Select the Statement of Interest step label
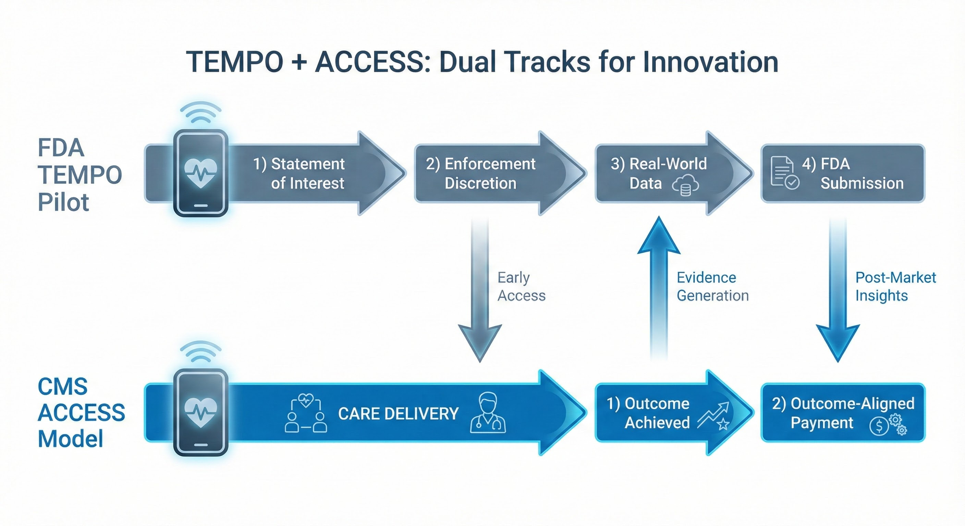pos(298,173)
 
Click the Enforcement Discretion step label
pos(481,173)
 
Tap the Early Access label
pos(521,286)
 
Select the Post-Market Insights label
pos(895,286)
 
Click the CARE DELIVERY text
pos(398,414)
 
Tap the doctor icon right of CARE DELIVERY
pos(488,413)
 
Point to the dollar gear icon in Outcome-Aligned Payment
pos(888,425)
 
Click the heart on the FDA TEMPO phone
pos(201,173)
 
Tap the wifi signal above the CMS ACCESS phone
pos(201,352)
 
